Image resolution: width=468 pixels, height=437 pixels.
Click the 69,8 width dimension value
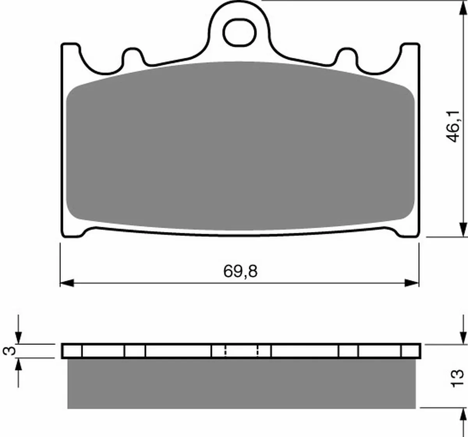point(240,271)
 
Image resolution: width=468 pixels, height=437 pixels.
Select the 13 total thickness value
point(457,378)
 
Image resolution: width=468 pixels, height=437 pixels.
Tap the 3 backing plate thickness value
point(9,351)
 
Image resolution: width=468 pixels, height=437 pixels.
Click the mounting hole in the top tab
point(239,32)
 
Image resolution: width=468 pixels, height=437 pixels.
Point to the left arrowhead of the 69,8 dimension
point(67,283)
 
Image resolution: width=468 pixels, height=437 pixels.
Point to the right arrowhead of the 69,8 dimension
point(412,283)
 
